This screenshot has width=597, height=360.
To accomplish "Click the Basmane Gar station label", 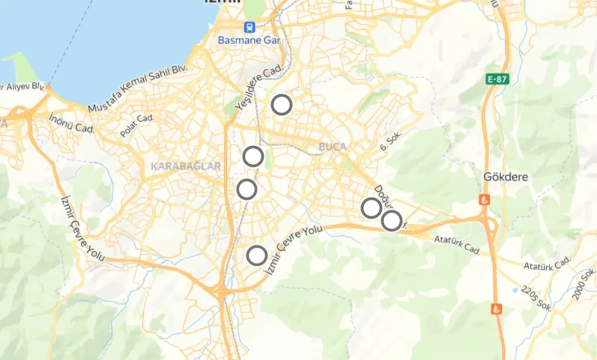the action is tap(249, 40).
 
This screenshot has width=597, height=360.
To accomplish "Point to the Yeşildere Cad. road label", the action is tap(260, 88).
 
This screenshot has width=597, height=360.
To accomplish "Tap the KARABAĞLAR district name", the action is tap(186, 166).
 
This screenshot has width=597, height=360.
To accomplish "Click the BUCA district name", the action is tap(333, 147).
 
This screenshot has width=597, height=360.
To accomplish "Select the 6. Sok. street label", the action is tap(391, 140).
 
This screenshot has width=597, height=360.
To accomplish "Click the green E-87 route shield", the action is tap(497, 79).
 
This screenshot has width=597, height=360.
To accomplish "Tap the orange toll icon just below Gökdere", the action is tap(485, 200).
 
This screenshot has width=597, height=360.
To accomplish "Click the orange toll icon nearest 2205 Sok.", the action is tap(497, 309).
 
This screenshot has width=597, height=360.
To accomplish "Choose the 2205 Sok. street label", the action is tap(537, 298).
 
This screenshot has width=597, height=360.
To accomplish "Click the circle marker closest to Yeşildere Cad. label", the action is tap(282, 105).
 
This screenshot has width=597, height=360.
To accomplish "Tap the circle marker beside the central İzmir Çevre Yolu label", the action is tap(257, 256).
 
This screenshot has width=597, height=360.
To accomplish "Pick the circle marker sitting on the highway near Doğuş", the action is tap(391, 221).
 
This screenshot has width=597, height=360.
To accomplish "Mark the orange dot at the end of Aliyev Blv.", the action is tap(49, 87).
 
